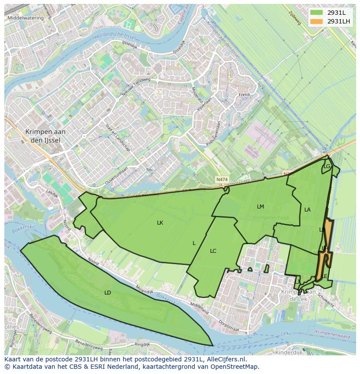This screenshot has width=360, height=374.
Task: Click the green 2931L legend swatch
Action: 317,13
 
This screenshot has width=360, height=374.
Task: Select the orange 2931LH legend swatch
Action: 317,21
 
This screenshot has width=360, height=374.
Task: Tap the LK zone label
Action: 160,222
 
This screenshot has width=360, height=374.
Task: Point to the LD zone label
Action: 108,292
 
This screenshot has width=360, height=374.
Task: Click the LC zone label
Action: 213,251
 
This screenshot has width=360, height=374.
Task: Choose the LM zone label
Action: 260,206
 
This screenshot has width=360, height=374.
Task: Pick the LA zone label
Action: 307,209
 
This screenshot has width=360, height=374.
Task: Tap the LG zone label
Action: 327,166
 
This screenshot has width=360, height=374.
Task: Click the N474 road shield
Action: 222,179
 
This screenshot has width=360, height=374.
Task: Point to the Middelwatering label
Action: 26,18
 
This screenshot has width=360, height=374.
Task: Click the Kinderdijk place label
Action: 289,352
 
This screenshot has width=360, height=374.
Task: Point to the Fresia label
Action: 244,94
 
